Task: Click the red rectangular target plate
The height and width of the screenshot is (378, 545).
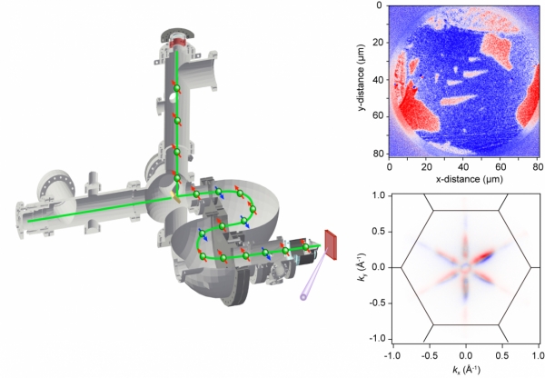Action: click(331, 244)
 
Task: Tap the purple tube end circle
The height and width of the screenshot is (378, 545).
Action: click(303, 297)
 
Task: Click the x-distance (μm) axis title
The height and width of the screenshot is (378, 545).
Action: click(469, 179)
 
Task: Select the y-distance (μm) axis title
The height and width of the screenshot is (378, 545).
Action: click(362, 78)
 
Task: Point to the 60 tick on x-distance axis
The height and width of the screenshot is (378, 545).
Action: click(500, 167)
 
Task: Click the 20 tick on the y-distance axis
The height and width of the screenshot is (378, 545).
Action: click(377, 43)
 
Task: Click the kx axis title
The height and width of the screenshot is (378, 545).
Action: click(466, 370)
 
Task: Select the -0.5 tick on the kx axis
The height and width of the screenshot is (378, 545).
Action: click(429, 355)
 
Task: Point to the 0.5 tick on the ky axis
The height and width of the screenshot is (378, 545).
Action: click(379, 232)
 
